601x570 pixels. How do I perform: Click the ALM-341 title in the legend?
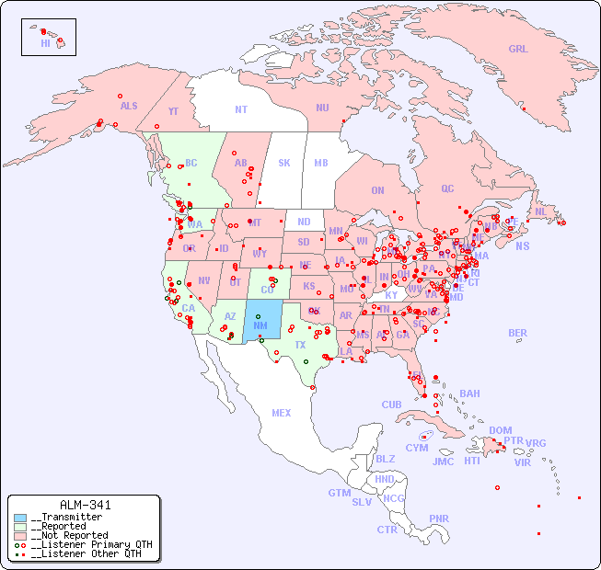(x=85, y=505)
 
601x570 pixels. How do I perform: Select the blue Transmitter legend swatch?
(x=20, y=518)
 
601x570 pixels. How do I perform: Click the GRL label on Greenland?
(x=518, y=50)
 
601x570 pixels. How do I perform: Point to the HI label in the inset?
(x=45, y=43)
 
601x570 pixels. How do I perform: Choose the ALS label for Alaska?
(x=129, y=107)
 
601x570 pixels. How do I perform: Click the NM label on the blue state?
(x=260, y=325)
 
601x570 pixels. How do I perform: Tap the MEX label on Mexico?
(x=282, y=414)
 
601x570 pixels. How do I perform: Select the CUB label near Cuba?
(x=392, y=405)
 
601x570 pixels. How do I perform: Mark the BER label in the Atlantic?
(x=517, y=333)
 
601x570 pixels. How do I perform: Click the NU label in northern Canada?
(x=322, y=108)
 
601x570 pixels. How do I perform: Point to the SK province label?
(x=284, y=163)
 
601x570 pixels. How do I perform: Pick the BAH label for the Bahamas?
(x=469, y=393)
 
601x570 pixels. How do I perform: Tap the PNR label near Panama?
(x=439, y=519)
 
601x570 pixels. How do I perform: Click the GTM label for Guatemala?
(x=339, y=493)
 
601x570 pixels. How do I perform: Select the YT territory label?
(x=173, y=111)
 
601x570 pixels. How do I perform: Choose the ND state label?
(x=304, y=222)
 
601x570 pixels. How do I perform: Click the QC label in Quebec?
(x=447, y=188)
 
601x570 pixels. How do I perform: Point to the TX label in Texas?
(x=300, y=345)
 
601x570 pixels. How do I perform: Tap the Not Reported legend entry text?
(x=69, y=535)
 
